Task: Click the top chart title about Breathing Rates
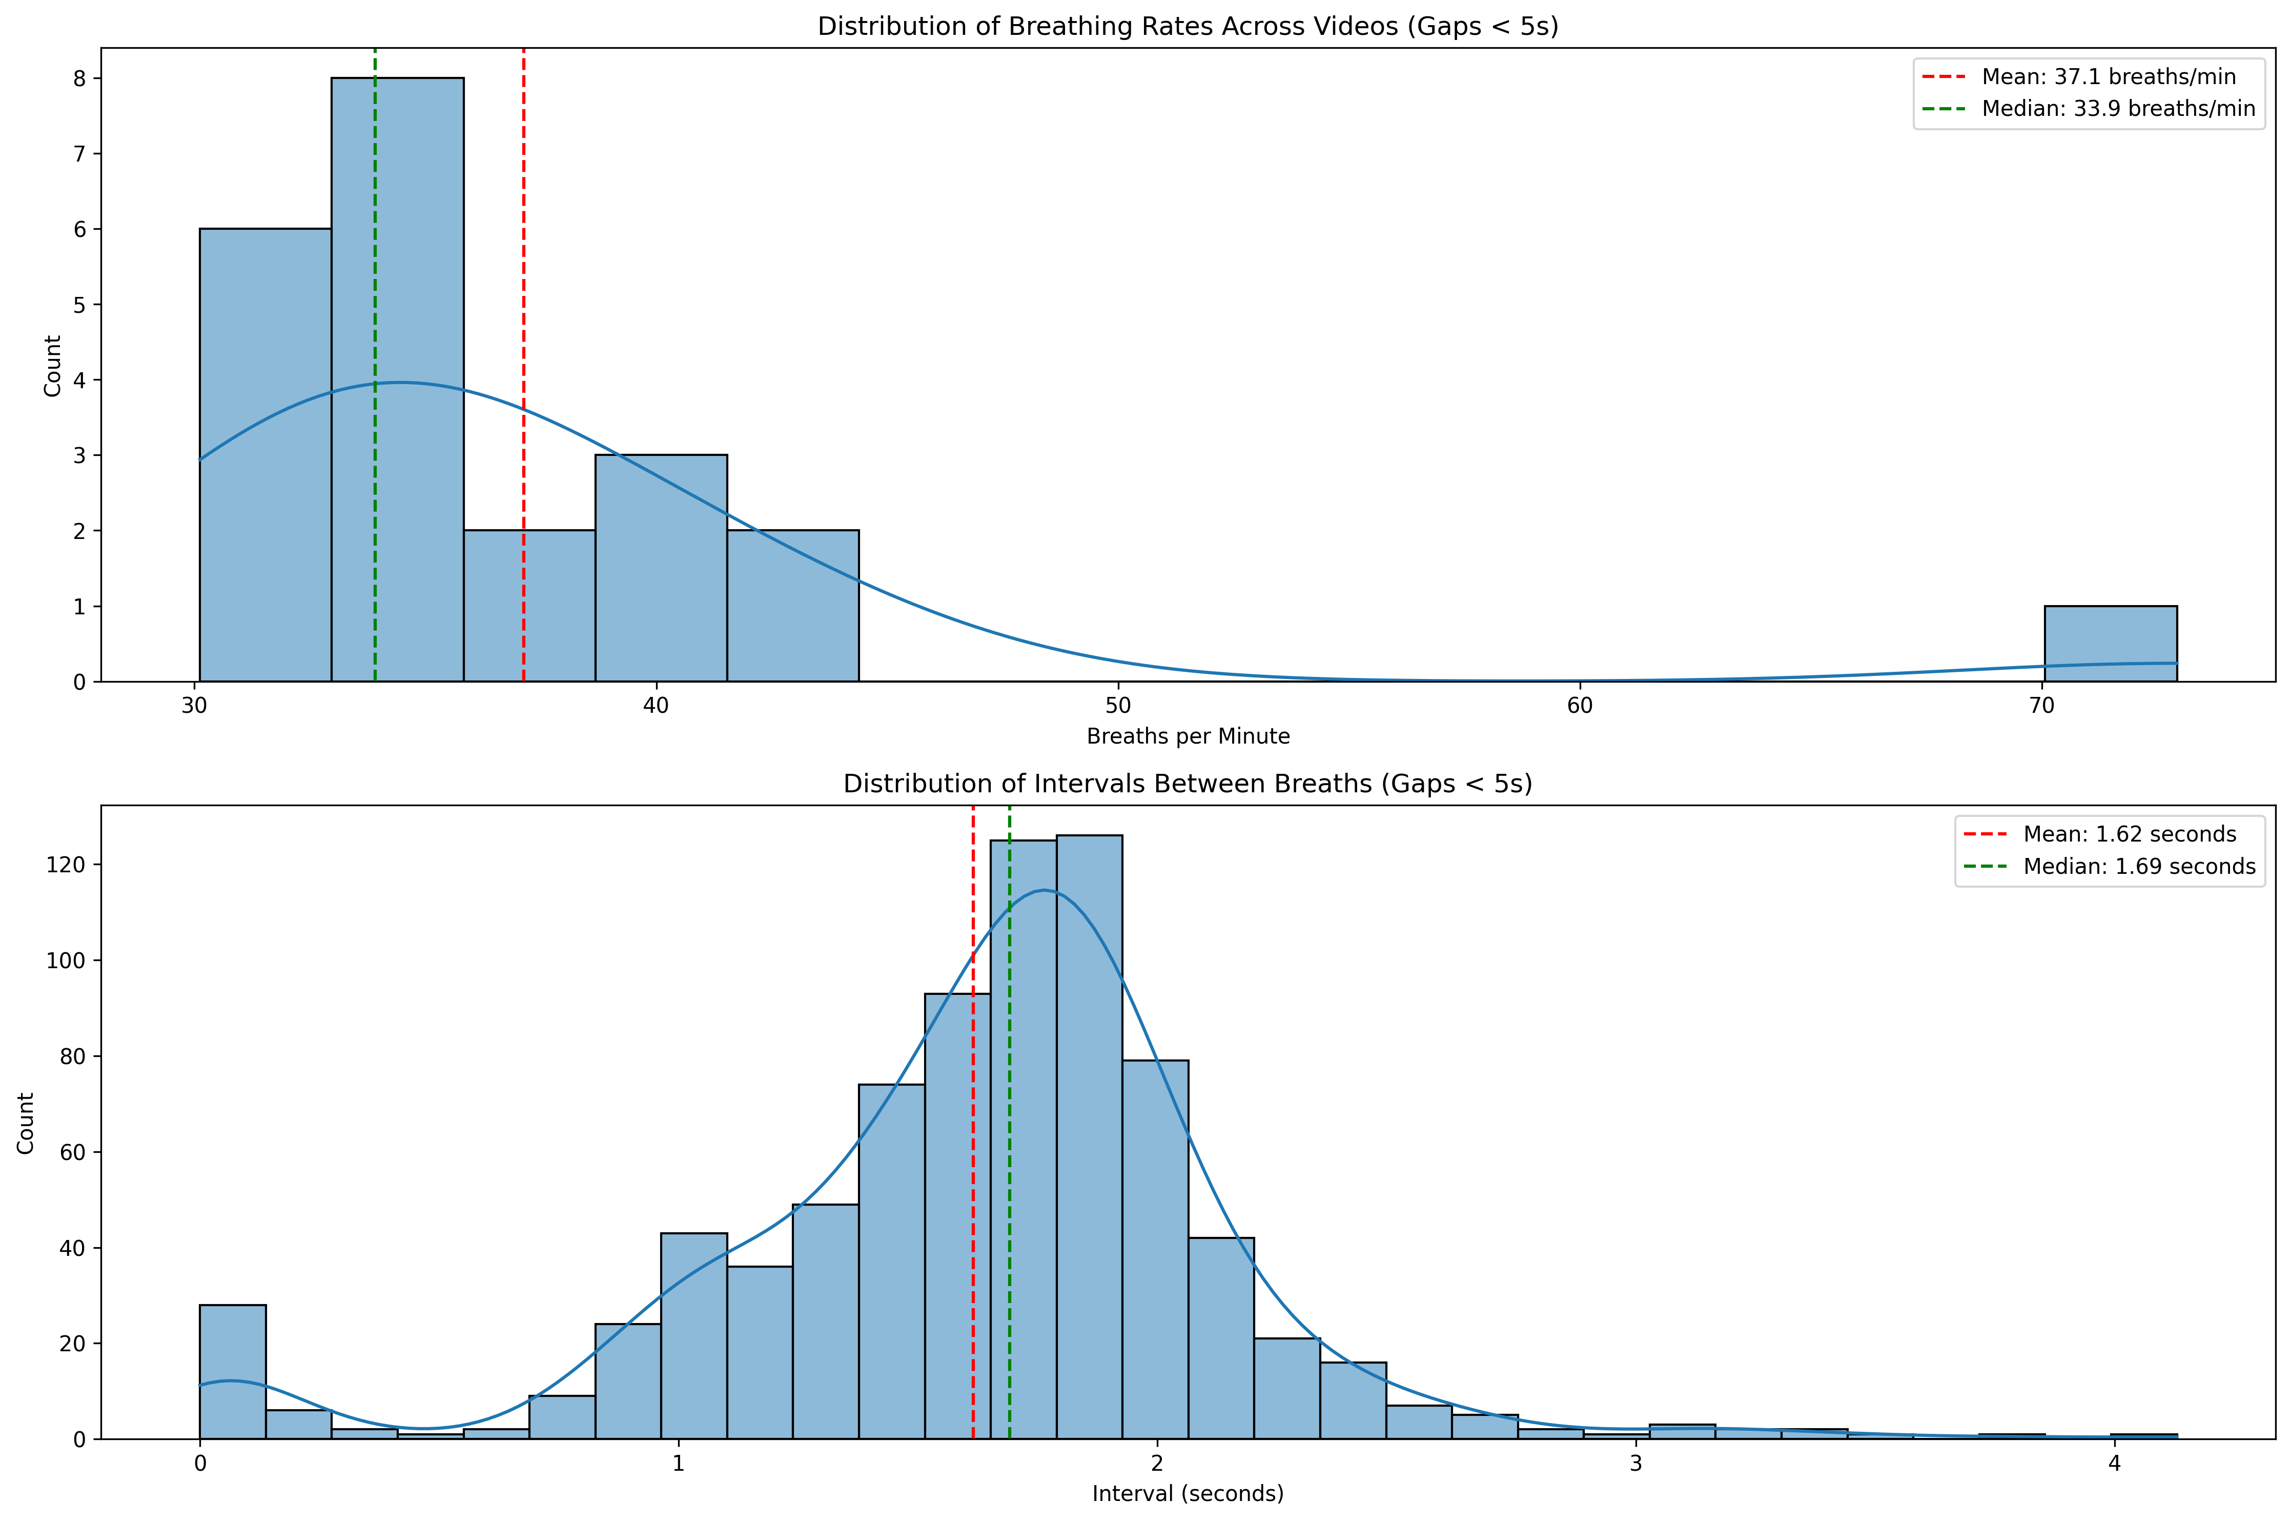pos(1188,26)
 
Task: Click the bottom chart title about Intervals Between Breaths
pos(1188,784)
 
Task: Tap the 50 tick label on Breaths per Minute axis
pos(1118,706)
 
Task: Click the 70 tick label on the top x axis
pos(2042,706)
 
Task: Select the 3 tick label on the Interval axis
pos(1635,1464)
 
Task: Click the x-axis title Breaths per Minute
pos(1188,736)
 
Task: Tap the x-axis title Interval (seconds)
pos(1188,1494)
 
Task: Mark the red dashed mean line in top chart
pos(523,291)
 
